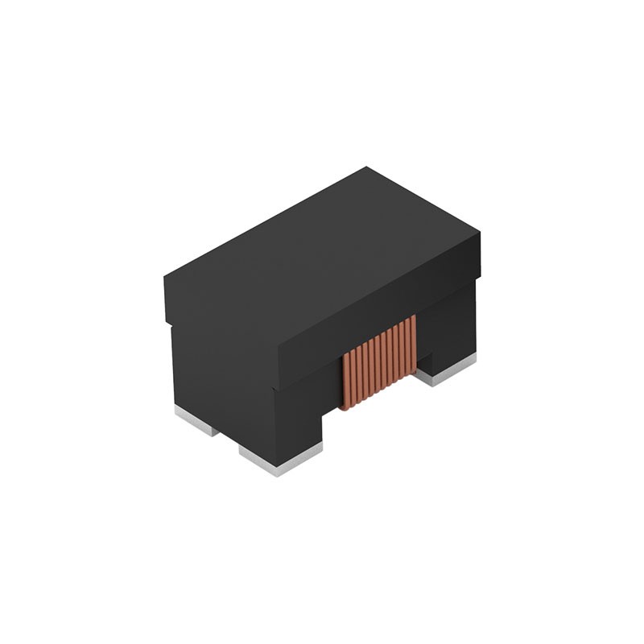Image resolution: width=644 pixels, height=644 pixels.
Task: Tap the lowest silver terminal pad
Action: click(278, 460)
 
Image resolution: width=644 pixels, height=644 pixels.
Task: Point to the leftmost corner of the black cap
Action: click(165, 278)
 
